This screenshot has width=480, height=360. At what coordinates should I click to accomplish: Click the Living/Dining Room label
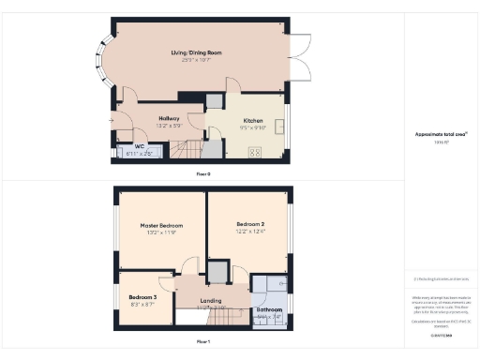[189, 54]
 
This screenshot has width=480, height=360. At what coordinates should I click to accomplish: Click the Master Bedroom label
[161, 226]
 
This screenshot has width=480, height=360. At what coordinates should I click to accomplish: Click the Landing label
[212, 301]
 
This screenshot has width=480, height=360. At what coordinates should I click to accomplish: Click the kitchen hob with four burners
[256, 149]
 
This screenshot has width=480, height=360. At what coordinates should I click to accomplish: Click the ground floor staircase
[187, 148]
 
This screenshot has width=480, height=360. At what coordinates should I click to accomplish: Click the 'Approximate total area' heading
[441, 134]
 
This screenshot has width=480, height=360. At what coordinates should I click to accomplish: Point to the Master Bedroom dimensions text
[161, 233]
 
